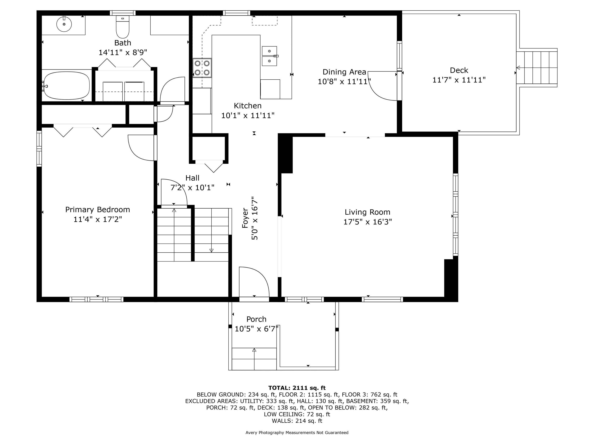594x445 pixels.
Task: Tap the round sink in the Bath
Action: [64, 24]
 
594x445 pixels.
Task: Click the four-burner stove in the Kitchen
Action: [202, 68]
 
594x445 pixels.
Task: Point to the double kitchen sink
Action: [269, 56]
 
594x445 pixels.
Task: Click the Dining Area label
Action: [344, 72]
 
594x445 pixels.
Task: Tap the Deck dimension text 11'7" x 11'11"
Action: [459, 80]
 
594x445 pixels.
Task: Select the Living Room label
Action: [367, 212]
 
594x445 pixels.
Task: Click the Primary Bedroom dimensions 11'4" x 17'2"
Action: [98, 219]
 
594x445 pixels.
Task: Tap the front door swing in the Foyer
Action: [254, 282]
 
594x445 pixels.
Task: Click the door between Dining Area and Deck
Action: [383, 86]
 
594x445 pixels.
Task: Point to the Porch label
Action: [256, 319]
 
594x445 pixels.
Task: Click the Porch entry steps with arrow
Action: [254, 359]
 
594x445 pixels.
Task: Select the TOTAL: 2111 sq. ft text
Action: [297, 388]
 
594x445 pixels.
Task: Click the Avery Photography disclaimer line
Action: [297, 433]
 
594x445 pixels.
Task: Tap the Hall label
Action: [192, 178]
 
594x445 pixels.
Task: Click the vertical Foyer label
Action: [245, 218]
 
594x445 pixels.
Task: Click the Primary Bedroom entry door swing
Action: [142, 148]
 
